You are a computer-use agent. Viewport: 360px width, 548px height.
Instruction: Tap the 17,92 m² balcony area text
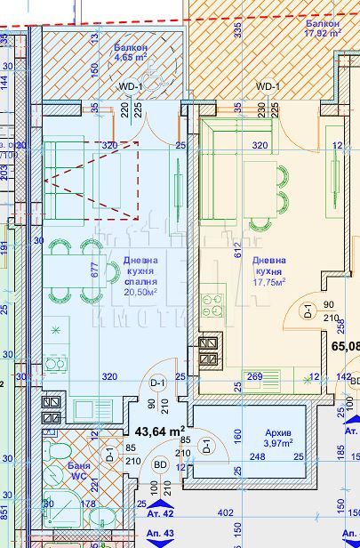point(323,33)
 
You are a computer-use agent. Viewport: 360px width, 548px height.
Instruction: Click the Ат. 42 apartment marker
point(159,513)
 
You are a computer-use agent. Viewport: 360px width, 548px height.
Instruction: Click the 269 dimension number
point(254,376)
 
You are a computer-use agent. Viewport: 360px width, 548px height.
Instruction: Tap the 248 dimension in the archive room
point(257,457)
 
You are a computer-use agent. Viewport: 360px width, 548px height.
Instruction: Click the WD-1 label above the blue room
point(132,86)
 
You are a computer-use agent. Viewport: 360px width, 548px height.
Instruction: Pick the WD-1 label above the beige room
point(268,86)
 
